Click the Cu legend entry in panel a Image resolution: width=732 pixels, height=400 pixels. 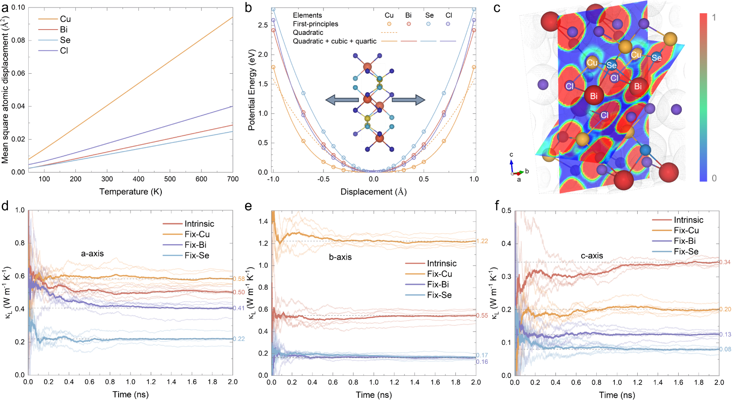[x=65, y=19]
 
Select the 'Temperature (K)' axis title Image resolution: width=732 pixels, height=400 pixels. [x=130, y=191]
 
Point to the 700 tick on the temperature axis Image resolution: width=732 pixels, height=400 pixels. [x=233, y=179]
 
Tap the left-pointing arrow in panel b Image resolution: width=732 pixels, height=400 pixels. [x=342, y=100]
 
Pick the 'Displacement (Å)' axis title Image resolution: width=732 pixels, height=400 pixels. [x=373, y=192]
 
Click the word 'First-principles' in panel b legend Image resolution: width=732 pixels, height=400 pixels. [x=316, y=24]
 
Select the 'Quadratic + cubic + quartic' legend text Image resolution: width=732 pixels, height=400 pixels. [x=334, y=41]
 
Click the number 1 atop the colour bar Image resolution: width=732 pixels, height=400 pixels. [x=714, y=18]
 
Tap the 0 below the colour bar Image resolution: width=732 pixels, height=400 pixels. [x=714, y=178]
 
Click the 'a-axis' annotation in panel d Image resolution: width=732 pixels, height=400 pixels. [x=92, y=254]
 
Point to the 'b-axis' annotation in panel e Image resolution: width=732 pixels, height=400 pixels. [x=340, y=257]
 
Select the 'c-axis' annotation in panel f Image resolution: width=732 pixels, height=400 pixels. [x=591, y=256]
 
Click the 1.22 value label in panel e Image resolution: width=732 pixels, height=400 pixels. [x=483, y=241]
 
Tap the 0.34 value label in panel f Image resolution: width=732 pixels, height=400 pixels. [x=725, y=262]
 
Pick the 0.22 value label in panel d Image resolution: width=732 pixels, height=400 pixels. [x=239, y=339]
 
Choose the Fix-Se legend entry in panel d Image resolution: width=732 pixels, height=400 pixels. [x=197, y=256]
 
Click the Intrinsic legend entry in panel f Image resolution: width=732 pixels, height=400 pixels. [x=688, y=220]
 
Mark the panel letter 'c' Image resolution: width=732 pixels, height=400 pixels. [x=497, y=8]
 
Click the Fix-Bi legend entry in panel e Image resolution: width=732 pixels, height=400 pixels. [x=438, y=284]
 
